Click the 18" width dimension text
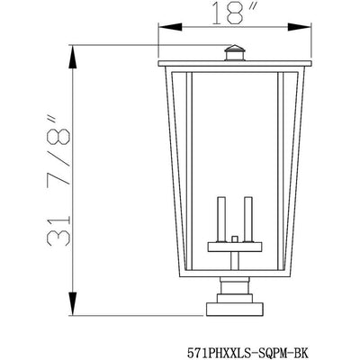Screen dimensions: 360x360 (x=235, y=13)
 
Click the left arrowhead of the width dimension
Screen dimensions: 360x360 (x=170, y=27)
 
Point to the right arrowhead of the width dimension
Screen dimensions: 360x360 (x=300, y=27)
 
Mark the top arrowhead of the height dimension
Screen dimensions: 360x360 (x=73, y=58)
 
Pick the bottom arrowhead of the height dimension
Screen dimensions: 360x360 (x=73, y=303)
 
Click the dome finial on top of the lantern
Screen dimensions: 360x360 (x=235, y=53)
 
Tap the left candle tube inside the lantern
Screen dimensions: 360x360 (x=221, y=219)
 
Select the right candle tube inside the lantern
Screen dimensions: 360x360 (x=248, y=219)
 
